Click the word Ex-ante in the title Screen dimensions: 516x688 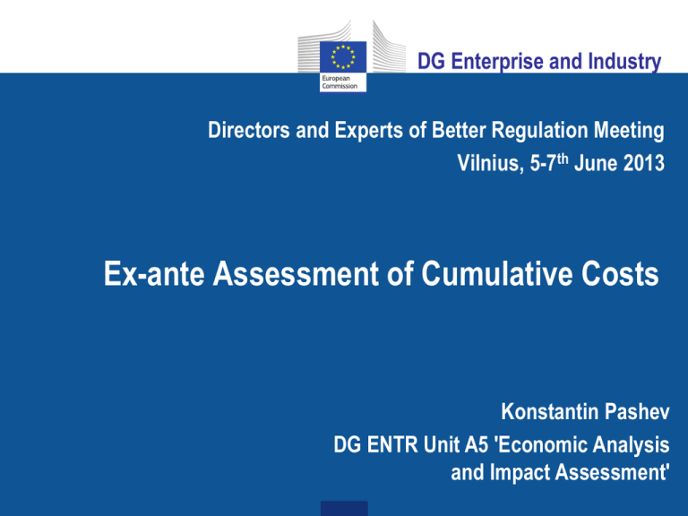(135, 273)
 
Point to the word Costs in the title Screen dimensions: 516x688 (619, 273)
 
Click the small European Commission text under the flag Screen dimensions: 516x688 (341, 83)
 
